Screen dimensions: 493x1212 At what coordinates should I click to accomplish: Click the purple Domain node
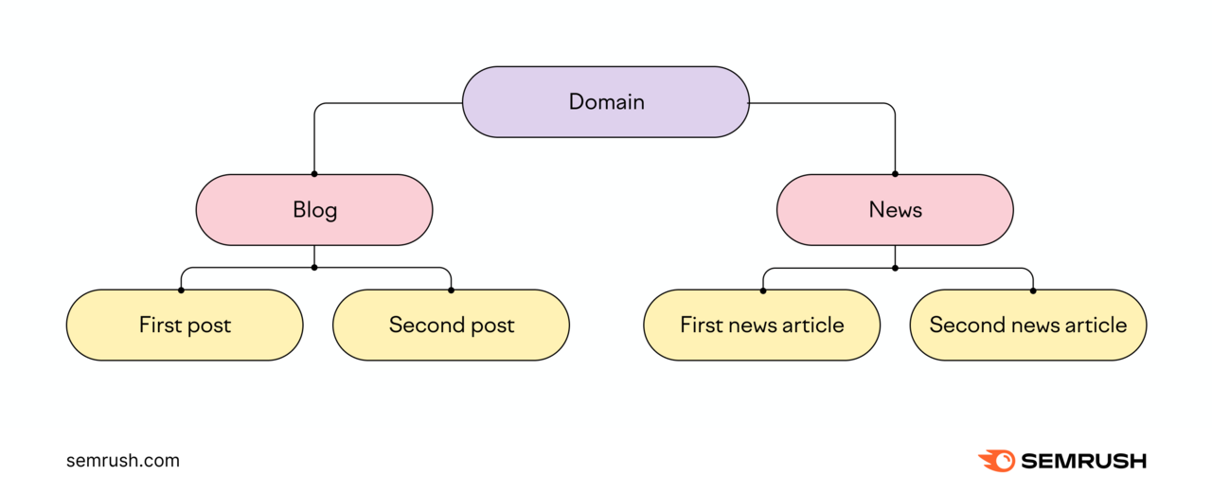606,102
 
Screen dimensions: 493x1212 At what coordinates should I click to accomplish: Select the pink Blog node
314,210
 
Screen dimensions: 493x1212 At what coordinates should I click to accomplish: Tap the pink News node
895,210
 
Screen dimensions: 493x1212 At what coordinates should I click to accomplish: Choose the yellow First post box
185,326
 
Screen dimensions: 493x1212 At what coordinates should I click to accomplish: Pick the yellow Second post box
451,326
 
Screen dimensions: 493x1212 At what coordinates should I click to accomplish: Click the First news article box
761,326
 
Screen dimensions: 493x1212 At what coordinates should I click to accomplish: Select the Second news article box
1027,326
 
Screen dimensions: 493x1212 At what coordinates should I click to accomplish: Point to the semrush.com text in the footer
123,461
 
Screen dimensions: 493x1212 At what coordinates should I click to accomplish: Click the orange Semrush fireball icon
996,461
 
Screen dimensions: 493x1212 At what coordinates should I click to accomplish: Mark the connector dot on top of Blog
314,174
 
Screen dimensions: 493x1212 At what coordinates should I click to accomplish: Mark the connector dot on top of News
895,174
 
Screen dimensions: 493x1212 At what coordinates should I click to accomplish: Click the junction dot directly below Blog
314,268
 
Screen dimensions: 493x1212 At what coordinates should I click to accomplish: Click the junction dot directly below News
895,268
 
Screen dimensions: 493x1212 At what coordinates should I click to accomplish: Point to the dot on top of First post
181,290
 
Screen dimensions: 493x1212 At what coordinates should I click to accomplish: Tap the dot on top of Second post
451,290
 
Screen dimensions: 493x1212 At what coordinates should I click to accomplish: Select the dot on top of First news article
762,290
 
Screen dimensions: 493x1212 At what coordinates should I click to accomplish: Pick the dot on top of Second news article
1032,290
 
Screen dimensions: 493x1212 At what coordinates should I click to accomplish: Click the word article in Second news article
1096,326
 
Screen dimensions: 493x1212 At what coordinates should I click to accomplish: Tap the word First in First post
158,326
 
